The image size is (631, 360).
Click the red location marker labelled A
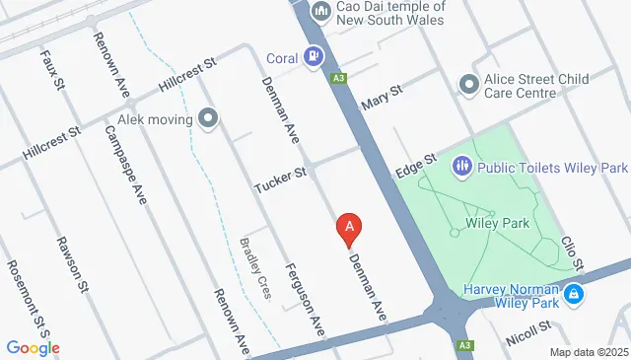coord(348,229)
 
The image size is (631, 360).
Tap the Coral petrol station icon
coord(314,56)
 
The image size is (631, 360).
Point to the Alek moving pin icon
coord(208,121)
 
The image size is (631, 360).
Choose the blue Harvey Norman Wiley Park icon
coord(573,294)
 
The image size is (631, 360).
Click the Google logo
coord(33,347)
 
